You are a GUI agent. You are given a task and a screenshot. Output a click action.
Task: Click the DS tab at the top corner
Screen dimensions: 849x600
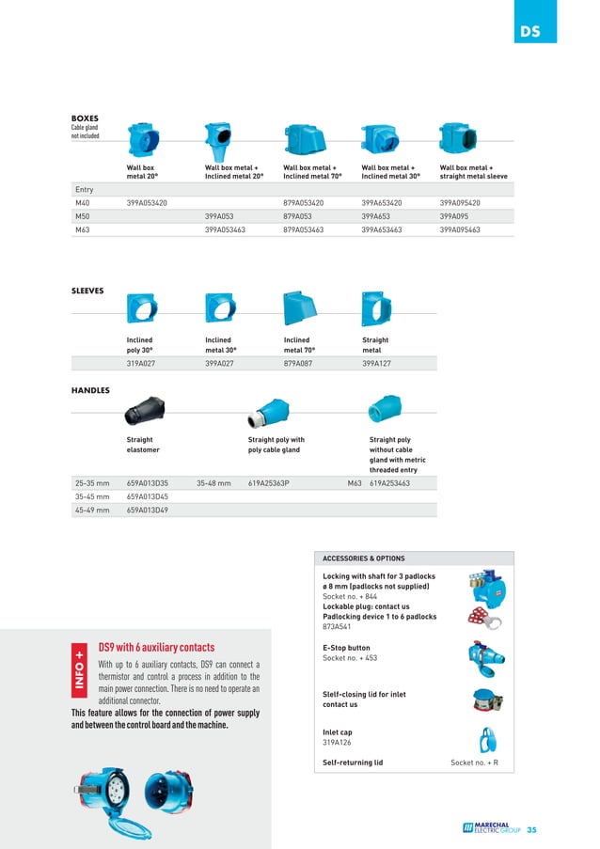pyautogui.click(x=529, y=32)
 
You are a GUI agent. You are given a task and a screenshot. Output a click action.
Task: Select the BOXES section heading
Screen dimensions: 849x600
pyautogui.click(x=85, y=118)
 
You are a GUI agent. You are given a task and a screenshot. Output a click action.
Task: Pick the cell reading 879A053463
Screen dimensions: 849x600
pyautogui.click(x=304, y=229)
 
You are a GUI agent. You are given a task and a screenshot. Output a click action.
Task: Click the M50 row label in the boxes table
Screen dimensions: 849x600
pyautogui.click(x=83, y=215)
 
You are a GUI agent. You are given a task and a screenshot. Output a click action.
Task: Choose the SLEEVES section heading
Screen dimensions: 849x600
pyautogui.click(x=87, y=291)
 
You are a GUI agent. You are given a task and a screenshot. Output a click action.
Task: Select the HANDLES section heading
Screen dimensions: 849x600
pyautogui.click(x=90, y=389)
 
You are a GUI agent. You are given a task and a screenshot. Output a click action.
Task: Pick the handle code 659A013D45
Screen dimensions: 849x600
pyautogui.click(x=148, y=496)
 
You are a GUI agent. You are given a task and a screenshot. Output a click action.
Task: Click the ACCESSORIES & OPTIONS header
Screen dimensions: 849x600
pyautogui.click(x=364, y=558)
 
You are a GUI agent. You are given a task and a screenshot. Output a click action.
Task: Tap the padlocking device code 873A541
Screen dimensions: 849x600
pyautogui.click(x=337, y=626)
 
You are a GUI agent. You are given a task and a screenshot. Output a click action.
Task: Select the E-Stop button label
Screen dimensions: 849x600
pyautogui.click(x=346, y=648)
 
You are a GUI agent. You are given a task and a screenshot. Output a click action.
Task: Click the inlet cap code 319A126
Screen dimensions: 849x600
pyautogui.click(x=337, y=741)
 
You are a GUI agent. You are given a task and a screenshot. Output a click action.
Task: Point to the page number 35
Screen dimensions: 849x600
pyautogui.click(x=531, y=830)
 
